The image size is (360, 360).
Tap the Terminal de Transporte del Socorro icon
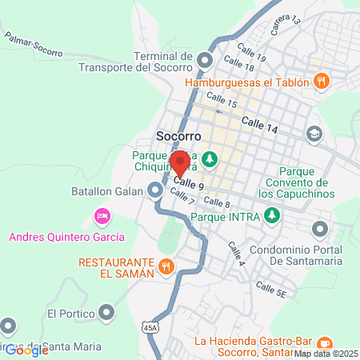[x=206, y=61]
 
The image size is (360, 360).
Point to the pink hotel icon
[x=102, y=215]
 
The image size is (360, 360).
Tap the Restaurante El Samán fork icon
[x=166, y=266]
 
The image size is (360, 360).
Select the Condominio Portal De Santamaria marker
[x=321, y=230]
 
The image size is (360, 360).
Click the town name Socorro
[x=178, y=135]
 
